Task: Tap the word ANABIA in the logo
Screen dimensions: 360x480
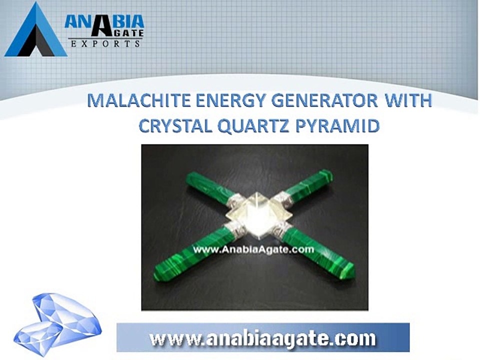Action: [x=104, y=21]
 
